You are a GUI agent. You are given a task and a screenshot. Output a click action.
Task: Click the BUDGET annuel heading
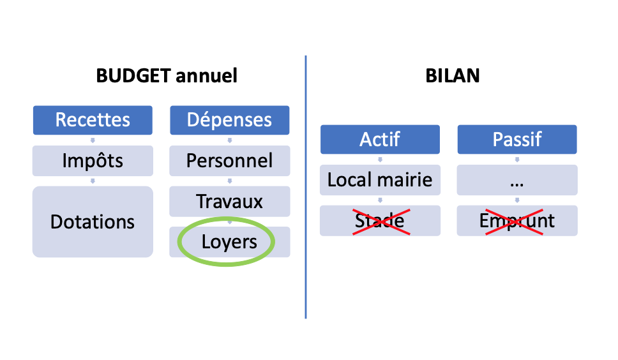coord(167,75)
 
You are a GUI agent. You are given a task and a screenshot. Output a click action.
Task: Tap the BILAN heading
coord(453,75)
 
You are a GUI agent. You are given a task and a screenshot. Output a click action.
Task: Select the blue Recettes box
coord(93,120)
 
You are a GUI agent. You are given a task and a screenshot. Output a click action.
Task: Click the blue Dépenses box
coord(230,120)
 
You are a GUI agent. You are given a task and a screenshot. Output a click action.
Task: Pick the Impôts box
coord(93,161)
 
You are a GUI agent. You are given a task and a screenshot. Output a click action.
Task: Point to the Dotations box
coord(93,221)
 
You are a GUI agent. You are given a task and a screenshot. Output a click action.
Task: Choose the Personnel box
coord(230,161)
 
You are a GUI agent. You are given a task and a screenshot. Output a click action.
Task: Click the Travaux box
coord(230,201)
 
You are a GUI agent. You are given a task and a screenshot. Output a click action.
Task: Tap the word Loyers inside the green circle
coord(229,242)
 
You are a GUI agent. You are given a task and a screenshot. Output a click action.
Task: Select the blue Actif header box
coord(380,139)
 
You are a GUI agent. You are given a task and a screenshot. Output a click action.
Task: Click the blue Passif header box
coord(517,139)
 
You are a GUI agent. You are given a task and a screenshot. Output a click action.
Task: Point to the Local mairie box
coord(380,180)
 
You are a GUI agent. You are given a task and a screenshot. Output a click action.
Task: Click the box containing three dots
coord(517,180)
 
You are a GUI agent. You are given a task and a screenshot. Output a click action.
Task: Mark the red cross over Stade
coord(381,221)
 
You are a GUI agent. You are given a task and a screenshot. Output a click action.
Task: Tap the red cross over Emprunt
coord(514,221)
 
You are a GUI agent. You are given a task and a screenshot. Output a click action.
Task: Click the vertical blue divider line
coord(305,187)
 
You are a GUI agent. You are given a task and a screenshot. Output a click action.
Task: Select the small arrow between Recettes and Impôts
coord(93,140)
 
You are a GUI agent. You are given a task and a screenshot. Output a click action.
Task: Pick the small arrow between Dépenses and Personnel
coord(230,140)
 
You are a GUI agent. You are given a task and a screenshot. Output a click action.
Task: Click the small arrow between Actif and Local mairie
coord(380,160)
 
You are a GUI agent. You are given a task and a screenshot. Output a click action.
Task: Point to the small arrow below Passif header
coord(517,160)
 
